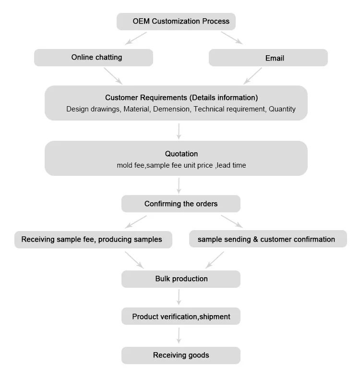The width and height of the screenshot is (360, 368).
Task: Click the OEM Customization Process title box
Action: pyautogui.click(x=176, y=21)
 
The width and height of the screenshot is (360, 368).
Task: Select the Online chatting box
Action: pyautogui.click(x=94, y=58)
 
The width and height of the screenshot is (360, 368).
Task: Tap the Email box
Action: pyautogui.click(x=268, y=58)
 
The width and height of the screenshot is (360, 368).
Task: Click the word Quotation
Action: pyautogui.click(x=181, y=154)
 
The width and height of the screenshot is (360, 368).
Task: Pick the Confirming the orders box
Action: pyautogui.click(x=181, y=204)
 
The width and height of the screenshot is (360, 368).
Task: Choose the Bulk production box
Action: pyautogui.click(x=181, y=279)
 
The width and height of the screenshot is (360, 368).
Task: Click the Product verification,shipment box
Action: pyautogui.click(x=181, y=316)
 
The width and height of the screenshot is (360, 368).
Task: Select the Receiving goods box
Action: pyautogui.click(x=181, y=356)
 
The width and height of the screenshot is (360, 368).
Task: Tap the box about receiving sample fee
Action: pyautogui.click(x=93, y=240)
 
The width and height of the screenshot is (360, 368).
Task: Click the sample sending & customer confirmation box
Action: pyautogui.click(x=268, y=239)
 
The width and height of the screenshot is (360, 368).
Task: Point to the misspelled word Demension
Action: pyautogui.click(x=171, y=109)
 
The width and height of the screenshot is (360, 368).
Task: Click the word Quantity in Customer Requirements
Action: pyautogui.click(x=282, y=109)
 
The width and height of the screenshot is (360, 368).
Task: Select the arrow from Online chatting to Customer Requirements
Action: pyautogui.click(x=113, y=76)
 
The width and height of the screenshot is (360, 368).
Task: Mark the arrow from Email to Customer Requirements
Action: pyautogui.click(x=252, y=76)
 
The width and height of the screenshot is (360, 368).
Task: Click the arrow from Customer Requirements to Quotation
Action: pyautogui.click(x=179, y=132)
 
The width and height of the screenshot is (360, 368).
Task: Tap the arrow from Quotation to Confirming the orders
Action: pyautogui.click(x=179, y=186)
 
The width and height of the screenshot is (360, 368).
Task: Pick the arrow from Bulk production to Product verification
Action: pyautogui.click(x=179, y=297)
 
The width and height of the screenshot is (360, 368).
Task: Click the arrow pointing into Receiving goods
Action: pyautogui.click(x=179, y=336)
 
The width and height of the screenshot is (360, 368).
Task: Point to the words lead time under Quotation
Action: pyautogui.click(x=231, y=165)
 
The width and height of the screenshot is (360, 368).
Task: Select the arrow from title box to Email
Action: pyautogui.click(x=232, y=38)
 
